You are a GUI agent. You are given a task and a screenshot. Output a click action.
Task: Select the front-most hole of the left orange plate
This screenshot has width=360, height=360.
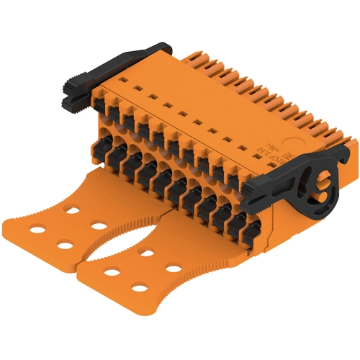pos(63,246)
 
